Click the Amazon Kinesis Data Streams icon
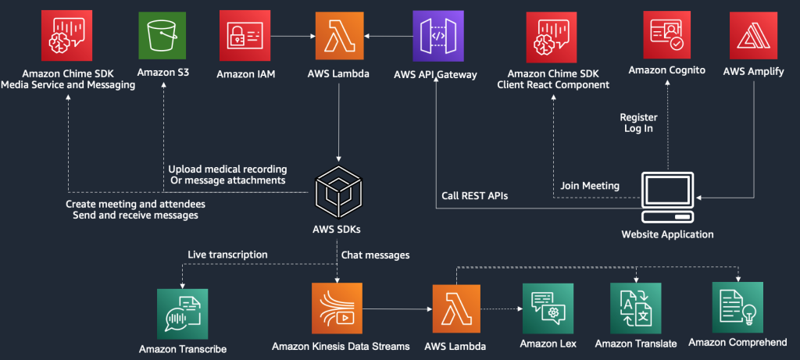point(337,308)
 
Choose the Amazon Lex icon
point(547,308)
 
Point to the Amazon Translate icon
point(634,308)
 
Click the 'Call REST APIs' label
point(474,196)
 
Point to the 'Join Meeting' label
point(590,186)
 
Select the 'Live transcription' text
point(227,255)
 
